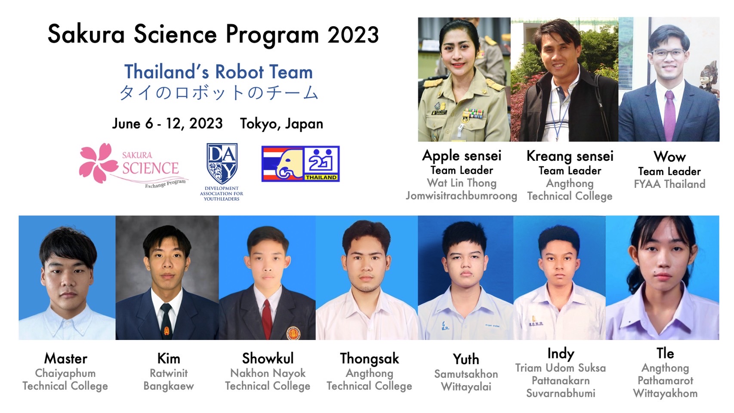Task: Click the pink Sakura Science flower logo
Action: click(x=98, y=162)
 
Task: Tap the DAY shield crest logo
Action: click(x=222, y=163)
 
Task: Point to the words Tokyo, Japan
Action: click(x=281, y=124)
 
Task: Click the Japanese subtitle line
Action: click(x=219, y=93)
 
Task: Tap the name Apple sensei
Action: click(x=462, y=156)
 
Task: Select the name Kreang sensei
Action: click(x=570, y=156)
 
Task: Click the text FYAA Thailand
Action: click(x=669, y=184)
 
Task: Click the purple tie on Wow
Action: click(x=669, y=115)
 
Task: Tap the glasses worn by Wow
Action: click(x=668, y=53)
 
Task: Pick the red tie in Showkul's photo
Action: click(x=267, y=319)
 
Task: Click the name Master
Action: click(x=66, y=358)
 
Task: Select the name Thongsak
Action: click(x=369, y=359)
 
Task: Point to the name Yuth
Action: click(x=466, y=359)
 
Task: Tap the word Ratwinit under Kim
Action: click(x=169, y=373)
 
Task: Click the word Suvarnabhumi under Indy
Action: click(x=561, y=393)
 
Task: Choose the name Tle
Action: click(x=665, y=353)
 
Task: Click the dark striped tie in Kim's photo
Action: click(x=166, y=321)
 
